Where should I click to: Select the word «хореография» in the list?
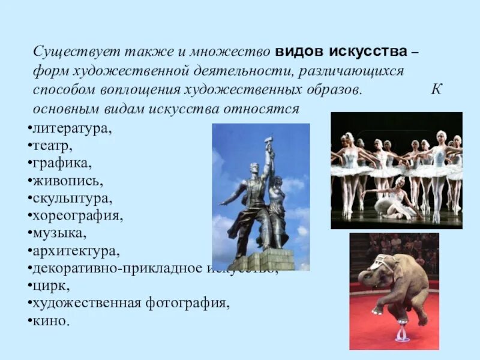[76, 214]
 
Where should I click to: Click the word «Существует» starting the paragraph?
[67, 52]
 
